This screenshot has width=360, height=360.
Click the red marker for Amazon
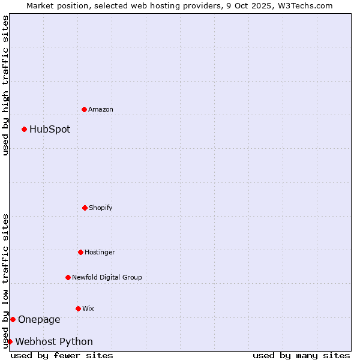point(84,109)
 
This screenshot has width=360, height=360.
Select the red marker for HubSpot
point(24,129)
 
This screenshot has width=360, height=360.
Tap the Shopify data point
point(85,208)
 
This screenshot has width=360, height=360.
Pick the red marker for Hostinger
point(80,252)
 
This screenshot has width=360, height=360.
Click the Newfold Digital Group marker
point(68,277)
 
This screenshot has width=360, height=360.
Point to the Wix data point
point(78,308)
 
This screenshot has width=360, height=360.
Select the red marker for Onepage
point(13,319)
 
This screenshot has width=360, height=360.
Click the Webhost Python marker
point(10,341)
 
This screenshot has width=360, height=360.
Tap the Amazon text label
point(101,109)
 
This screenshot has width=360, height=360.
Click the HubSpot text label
point(50,129)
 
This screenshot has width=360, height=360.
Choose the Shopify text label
point(101,208)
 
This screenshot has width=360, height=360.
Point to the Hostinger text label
point(100,252)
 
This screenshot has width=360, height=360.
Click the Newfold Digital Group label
point(107,277)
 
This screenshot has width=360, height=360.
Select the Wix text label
point(88,308)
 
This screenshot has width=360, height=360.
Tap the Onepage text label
point(39,319)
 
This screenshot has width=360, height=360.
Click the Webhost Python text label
point(54,341)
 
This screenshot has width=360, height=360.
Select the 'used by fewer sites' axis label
point(62,355)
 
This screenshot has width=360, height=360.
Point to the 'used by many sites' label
point(301,355)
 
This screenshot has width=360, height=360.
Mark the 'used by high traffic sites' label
point(5,85)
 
